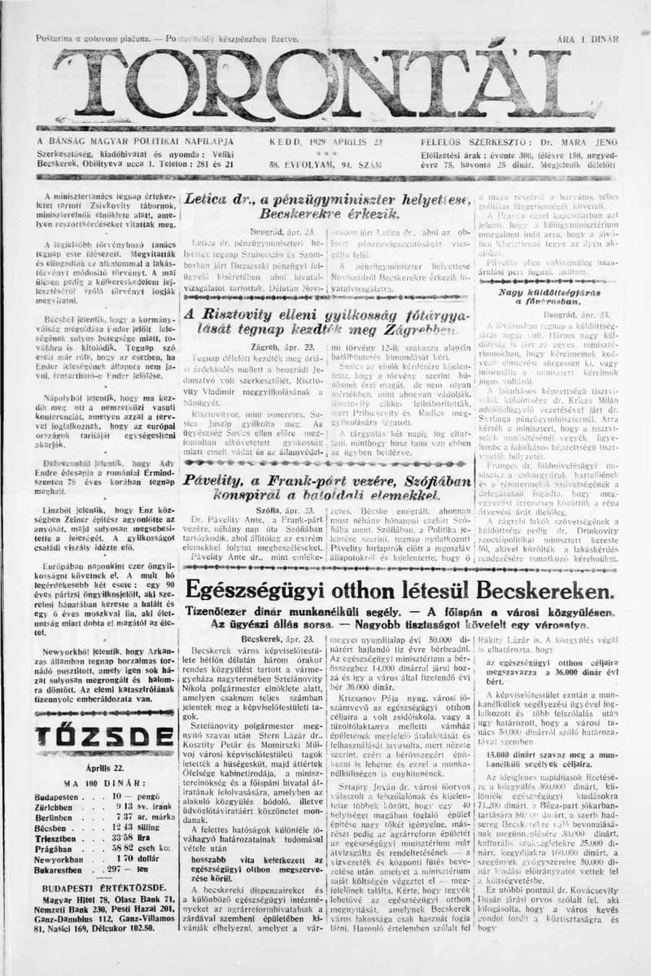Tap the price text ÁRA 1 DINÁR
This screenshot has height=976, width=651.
pos(588,38)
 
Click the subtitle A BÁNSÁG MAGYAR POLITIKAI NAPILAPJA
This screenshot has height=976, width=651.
pos(135,141)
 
